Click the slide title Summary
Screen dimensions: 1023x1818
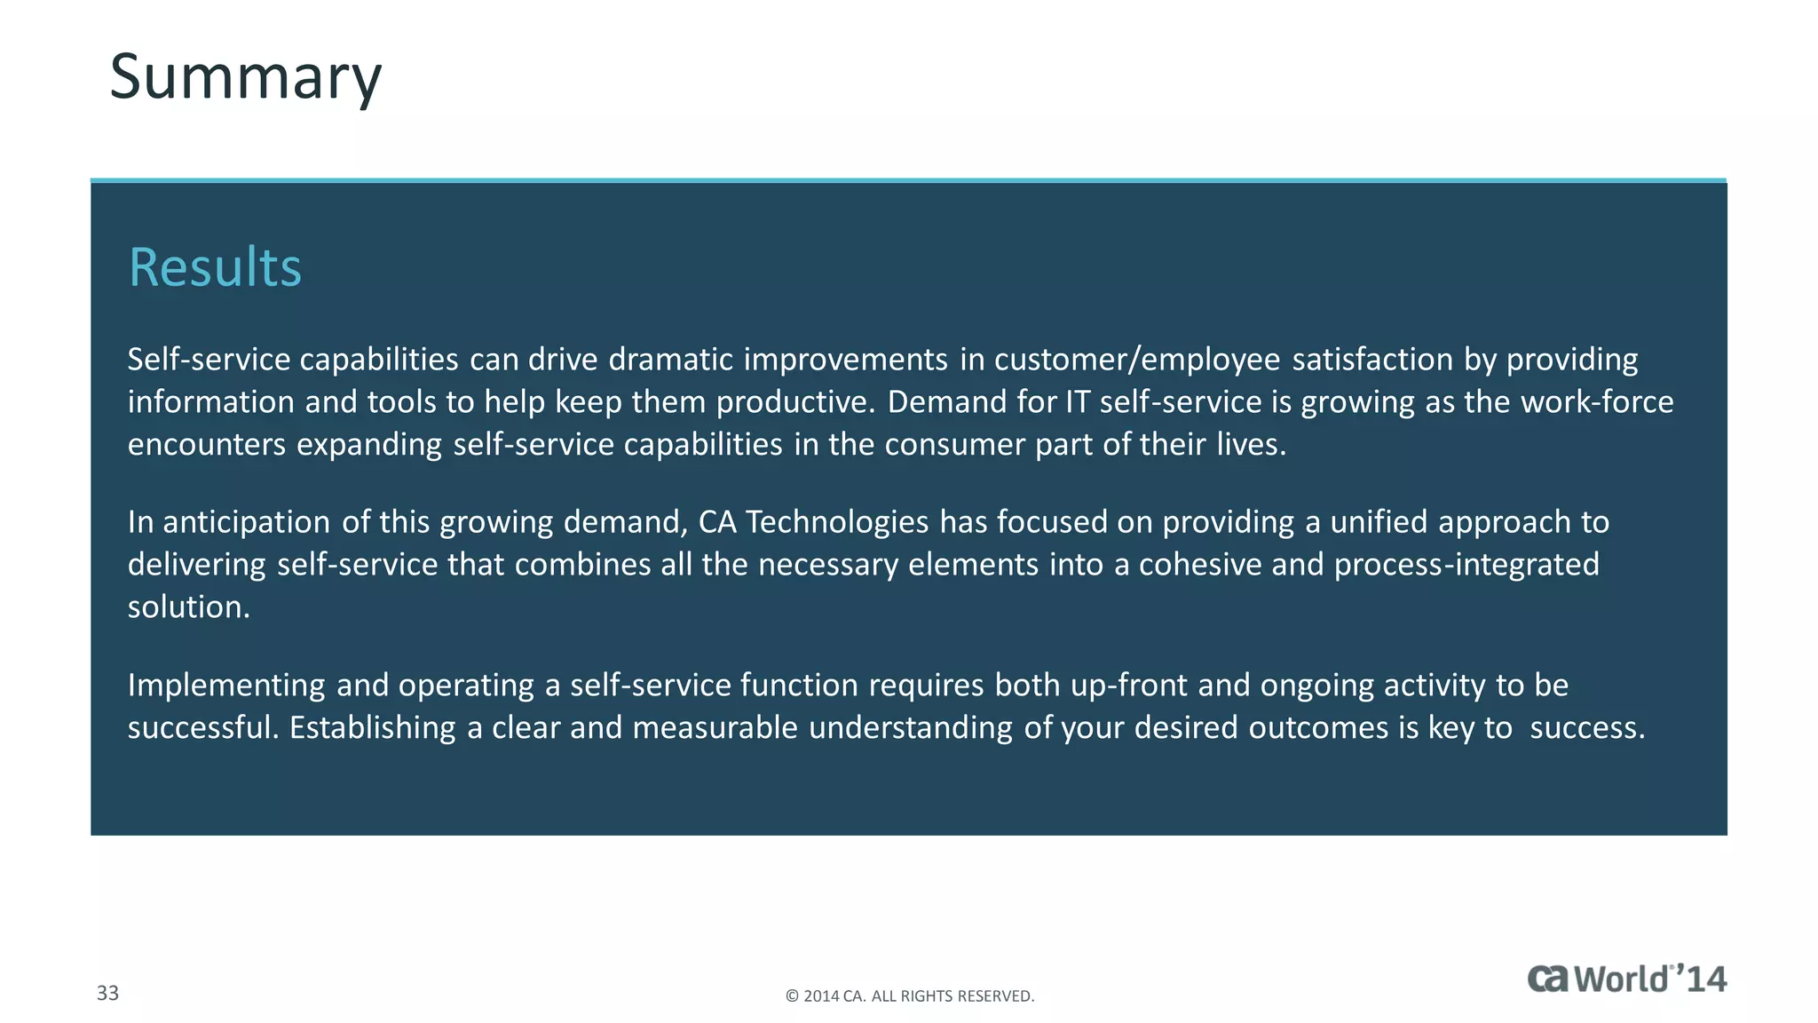pyautogui.click(x=245, y=78)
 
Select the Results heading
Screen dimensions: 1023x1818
pyautogui.click(x=215, y=267)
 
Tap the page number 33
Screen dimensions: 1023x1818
pyautogui.click(x=107, y=993)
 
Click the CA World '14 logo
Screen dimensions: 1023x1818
pyautogui.click(x=1626, y=979)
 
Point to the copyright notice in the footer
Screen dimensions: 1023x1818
pyautogui.click(x=909, y=996)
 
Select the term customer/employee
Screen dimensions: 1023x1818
pyautogui.click(x=1137, y=360)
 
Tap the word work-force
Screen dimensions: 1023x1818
pyautogui.click(x=1597, y=402)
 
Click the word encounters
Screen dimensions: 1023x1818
pyautogui.click(x=207, y=444)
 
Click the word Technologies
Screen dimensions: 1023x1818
pyautogui.click(x=837, y=522)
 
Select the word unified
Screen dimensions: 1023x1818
pyautogui.click(x=1379, y=522)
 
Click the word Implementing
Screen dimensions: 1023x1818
pyautogui.click(x=226, y=686)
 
